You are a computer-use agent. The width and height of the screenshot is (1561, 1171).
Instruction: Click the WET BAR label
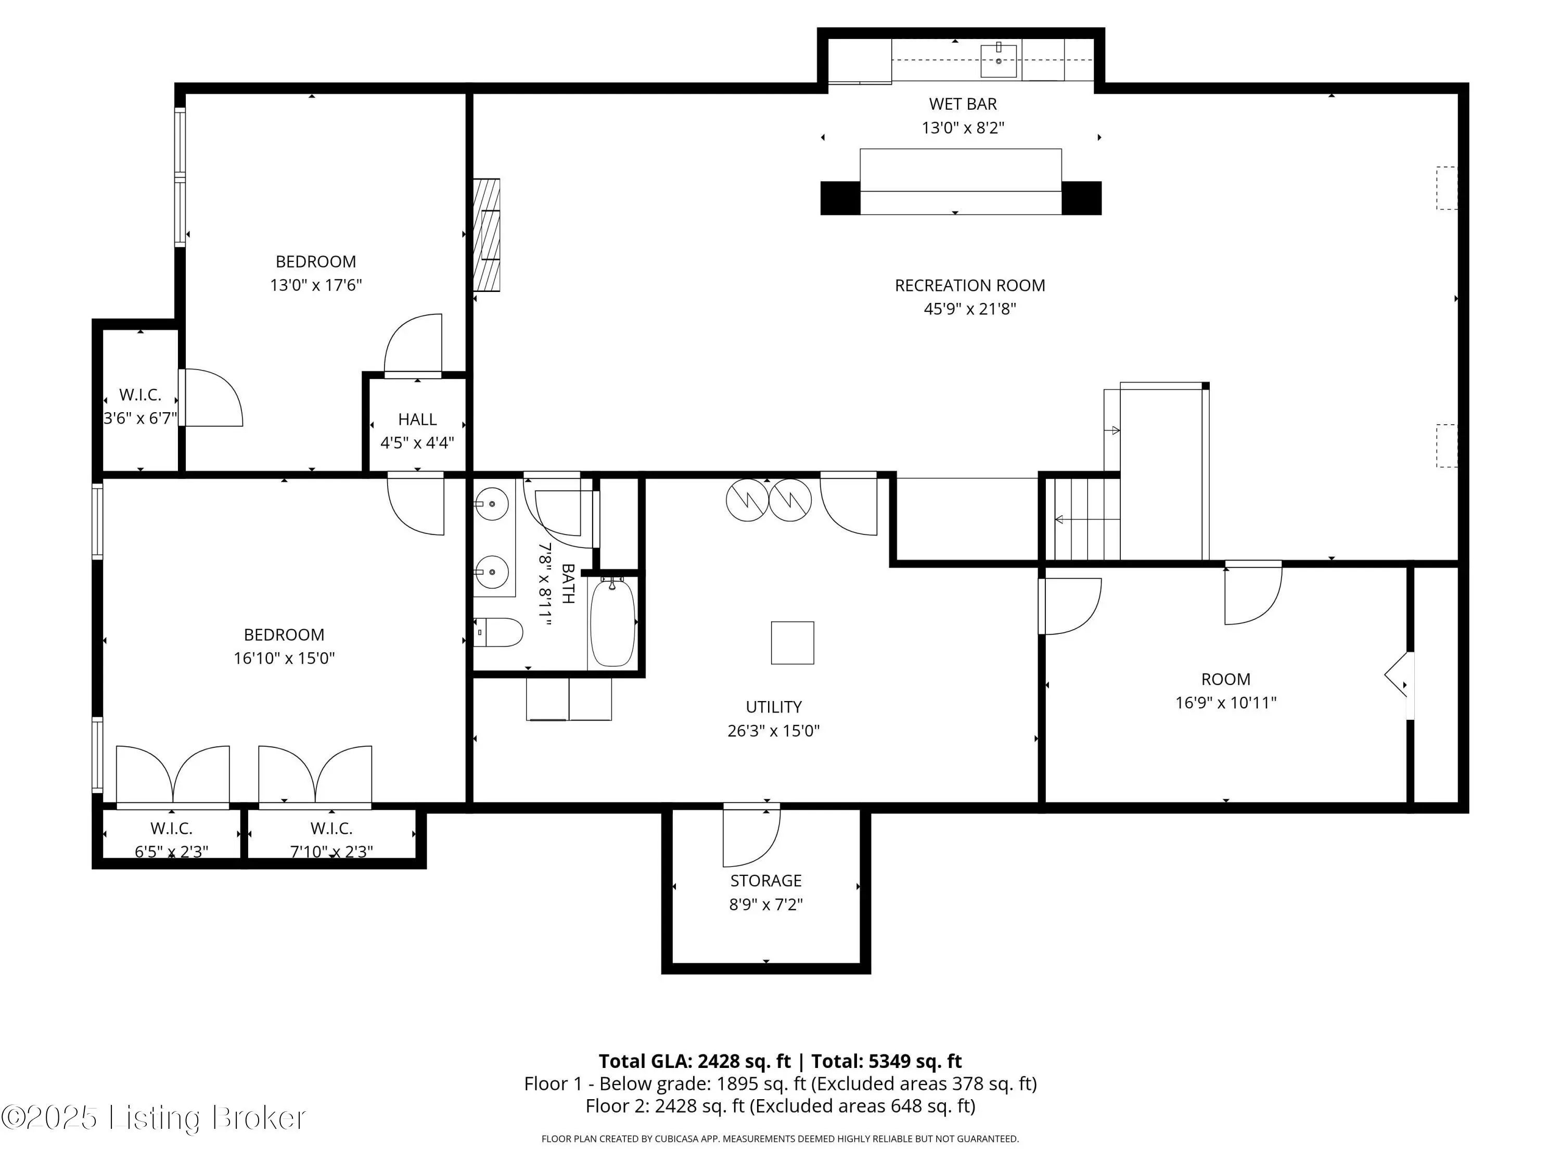point(963,104)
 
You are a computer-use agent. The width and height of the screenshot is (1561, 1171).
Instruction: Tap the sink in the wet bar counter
point(999,61)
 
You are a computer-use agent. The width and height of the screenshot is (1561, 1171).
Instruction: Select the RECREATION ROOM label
point(969,285)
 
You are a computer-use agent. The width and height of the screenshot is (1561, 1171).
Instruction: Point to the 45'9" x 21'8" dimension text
point(969,309)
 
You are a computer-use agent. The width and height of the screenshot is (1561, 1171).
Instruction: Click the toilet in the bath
point(498,632)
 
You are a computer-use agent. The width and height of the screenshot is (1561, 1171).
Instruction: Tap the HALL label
point(417,419)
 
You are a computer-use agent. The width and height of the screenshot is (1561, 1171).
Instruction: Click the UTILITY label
point(773,707)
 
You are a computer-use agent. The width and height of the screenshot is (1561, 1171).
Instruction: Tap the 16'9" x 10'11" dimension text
point(1226,702)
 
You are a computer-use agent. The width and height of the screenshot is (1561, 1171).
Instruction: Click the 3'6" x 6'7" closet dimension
point(140,418)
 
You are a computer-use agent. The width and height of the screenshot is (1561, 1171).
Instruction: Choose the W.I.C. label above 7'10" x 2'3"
point(331,828)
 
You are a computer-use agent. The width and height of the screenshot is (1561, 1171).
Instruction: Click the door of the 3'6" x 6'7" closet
point(212,398)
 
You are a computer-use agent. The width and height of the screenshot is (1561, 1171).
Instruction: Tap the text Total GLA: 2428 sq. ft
point(695,1061)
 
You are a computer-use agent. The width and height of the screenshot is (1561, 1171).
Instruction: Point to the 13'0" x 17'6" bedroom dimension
point(315,285)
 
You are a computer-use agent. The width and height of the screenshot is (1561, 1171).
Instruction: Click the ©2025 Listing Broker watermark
point(154,1117)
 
